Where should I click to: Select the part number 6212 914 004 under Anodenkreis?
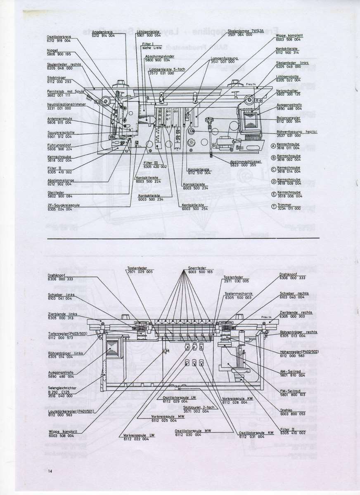[x=103, y=36]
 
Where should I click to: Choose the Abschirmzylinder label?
[x=152, y=56]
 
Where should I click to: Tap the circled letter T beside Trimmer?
[x=272, y=207]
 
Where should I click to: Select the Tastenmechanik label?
[x=238, y=294]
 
